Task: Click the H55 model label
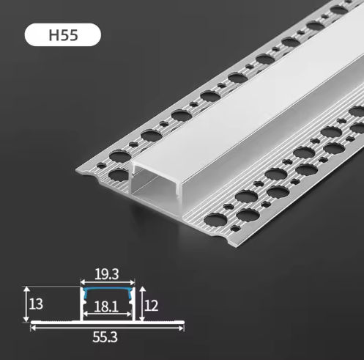tap(64, 35)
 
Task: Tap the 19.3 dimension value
tap(107, 274)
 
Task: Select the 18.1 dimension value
tap(106, 306)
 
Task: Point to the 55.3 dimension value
tap(105, 337)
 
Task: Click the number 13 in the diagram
tap(36, 304)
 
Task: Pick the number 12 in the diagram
tap(152, 306)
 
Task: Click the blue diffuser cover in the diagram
tap(108, 290)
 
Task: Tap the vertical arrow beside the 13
tap(26, 304)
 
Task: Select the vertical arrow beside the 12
tap(142, 304)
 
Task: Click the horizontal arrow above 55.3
tap(107, 328)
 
